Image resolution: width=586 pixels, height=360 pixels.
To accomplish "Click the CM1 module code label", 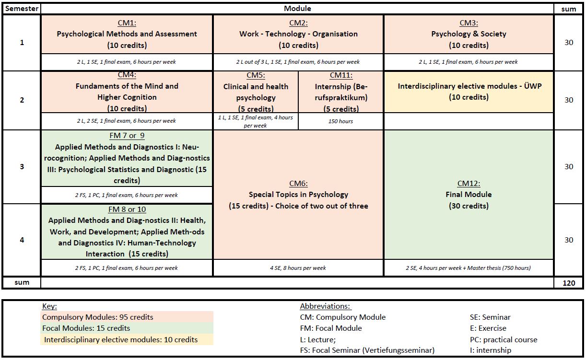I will pos(127,23).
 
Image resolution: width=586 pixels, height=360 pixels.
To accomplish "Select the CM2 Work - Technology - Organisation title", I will pos(298,34).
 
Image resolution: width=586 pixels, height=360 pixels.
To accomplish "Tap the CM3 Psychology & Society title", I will pos(469,34).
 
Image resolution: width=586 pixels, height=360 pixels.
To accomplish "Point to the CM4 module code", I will pos(127,75).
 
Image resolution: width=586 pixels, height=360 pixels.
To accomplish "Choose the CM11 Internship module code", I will pos(341,75).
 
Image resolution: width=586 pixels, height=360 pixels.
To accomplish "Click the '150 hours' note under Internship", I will pos(340,121).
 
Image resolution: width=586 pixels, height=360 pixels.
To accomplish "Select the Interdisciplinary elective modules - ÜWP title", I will pos(469,86).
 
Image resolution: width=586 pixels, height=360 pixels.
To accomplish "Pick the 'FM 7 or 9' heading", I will pos(127,136).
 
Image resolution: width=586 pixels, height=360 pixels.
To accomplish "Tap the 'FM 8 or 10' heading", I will pos(127,209).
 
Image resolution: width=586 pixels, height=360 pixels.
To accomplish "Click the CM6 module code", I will pos(298,184).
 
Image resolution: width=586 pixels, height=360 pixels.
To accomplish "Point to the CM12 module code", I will pos(469,184).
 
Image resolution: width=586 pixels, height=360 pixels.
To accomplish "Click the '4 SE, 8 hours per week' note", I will pos(298,268).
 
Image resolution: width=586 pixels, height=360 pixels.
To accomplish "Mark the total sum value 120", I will pos(569,283).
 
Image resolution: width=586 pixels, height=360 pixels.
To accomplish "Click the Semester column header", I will pos(21,9).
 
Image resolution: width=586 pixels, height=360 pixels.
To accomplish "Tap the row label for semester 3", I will pos(22,167).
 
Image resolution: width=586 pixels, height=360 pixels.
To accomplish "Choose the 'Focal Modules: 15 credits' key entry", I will pos(86,328).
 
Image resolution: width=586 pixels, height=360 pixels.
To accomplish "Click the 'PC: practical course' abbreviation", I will pos(503,340).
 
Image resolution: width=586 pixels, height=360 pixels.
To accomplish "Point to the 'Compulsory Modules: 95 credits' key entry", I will pos(97,317).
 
